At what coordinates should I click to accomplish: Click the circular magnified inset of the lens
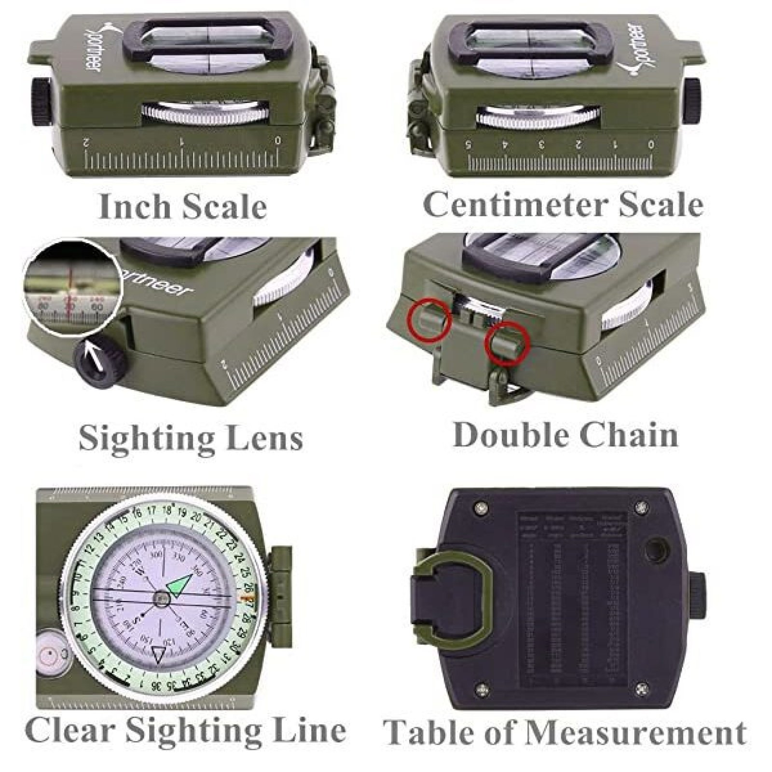[x=72, y=288]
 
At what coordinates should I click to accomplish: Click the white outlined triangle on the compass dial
[x=158, y=655]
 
